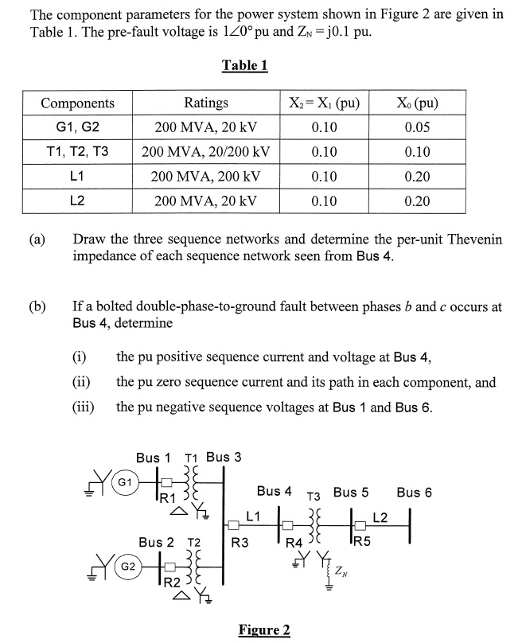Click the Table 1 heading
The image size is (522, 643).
(243, 66)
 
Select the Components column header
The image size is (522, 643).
(77, 103)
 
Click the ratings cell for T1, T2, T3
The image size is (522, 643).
(205, 152)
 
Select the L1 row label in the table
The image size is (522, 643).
(77, 176)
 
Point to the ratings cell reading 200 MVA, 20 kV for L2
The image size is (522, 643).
(205, 201)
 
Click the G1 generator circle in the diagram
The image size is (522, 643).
(125, 482)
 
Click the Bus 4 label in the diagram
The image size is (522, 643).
(274, 492)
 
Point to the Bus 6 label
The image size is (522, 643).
(414, 492)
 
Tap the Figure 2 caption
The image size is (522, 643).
(264, 630)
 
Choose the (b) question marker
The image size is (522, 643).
(37, 306)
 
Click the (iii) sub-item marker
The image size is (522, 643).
(84, 407)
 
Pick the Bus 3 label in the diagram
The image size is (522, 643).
(224, 457)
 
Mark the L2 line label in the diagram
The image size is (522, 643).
(380, 518)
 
